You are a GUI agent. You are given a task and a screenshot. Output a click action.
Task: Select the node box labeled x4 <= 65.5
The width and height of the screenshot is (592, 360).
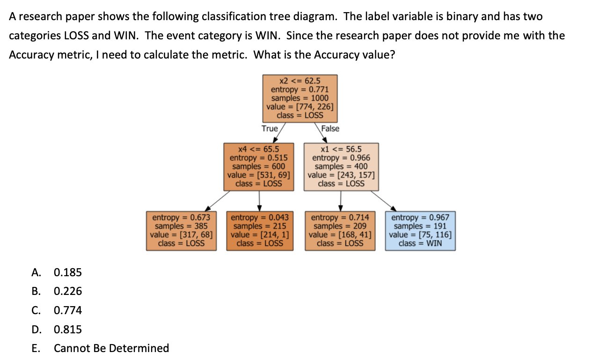(259, 167)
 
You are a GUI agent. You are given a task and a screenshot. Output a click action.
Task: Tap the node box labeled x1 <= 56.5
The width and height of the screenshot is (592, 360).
(340, 167)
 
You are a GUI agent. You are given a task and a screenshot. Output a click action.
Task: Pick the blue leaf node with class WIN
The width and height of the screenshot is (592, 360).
(420, 230)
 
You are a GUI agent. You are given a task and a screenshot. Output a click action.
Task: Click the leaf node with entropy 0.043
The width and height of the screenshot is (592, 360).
(260, 230)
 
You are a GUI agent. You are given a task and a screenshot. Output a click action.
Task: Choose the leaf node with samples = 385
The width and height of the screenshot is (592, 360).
(181, 230)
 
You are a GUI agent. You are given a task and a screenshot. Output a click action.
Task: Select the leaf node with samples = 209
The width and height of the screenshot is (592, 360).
(340, 230)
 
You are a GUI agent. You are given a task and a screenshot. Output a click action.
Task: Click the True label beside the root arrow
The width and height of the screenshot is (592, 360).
(270, 128)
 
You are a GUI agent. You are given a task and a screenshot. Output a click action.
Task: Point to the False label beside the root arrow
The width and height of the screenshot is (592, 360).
(330, 128)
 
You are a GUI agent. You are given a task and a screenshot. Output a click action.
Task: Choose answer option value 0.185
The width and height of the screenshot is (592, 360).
(68, 272)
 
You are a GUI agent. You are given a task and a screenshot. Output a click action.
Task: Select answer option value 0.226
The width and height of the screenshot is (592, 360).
(68, 291)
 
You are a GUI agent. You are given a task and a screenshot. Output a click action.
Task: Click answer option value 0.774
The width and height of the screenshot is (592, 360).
(68, 310)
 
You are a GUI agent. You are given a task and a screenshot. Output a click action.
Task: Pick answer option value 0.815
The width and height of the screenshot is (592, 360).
(68, 330)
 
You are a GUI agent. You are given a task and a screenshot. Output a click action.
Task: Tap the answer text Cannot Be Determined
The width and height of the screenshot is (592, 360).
(111, 348)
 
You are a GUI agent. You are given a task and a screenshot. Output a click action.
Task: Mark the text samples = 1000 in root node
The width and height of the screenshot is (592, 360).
(300, 98)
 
